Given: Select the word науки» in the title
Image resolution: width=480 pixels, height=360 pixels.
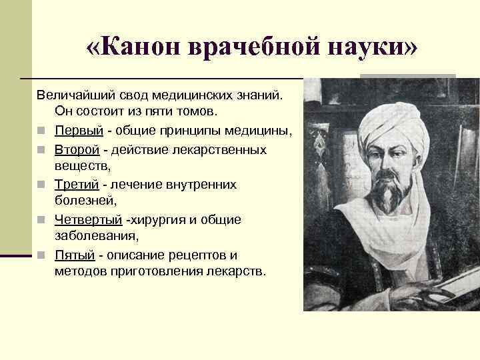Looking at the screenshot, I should click(x=363, y=48).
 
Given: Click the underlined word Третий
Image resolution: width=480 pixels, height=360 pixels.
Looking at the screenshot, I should click(x=77, y=183).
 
